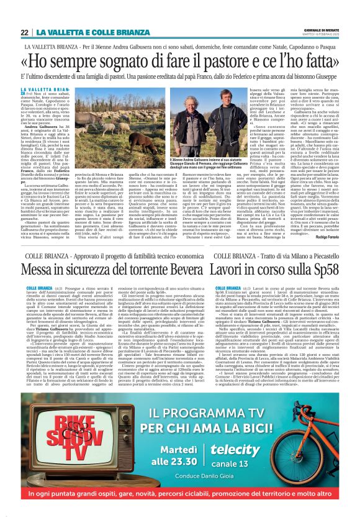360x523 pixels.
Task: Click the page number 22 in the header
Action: [x=24, y=32]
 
